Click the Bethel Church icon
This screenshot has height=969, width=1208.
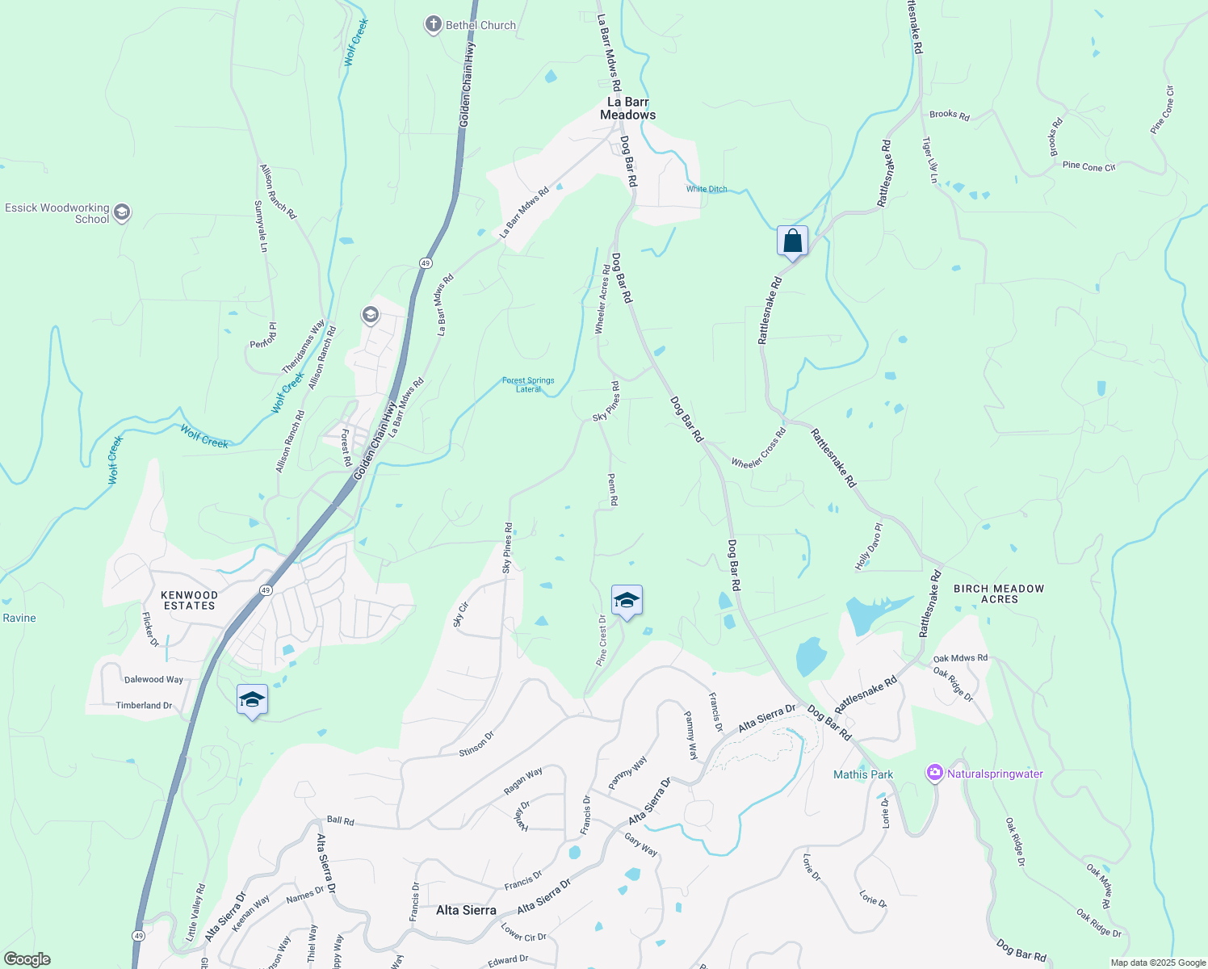click(434, 25)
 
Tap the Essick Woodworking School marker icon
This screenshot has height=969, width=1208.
click(122, 212)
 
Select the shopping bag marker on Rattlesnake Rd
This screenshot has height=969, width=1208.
click(792, 241)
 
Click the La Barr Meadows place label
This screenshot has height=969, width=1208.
click(627, 108)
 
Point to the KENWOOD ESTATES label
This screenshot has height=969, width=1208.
click(190, 600)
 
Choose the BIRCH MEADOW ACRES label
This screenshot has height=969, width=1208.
click(999, 594)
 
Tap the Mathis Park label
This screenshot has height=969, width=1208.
click(863, 774)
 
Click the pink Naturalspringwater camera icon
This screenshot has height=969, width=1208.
click(935, 774)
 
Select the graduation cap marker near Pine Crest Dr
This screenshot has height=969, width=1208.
click(627, 601)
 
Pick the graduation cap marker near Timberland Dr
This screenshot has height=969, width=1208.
click(252, 700)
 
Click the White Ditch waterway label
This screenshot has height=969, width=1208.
click(707, 189)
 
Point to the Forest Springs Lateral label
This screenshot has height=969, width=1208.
click(528, 384)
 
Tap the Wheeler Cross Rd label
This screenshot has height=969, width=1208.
click(758, 449)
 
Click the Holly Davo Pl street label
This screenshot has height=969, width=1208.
click(869, 547)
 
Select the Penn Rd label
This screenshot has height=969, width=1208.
click(612, 490)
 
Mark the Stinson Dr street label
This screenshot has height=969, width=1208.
click(476, 744)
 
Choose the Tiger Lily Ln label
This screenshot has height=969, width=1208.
click(930, 159)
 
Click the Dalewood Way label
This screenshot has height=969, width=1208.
click(153, 680)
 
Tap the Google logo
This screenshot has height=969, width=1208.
click(27, 959)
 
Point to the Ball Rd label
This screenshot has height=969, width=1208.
click(340, 820)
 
